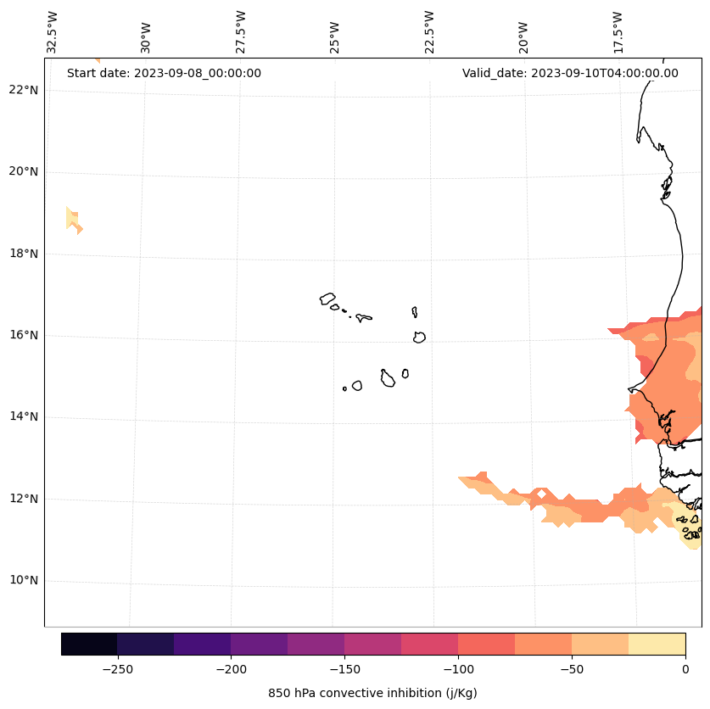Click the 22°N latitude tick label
20,90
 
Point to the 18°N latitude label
20,254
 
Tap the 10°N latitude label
20,581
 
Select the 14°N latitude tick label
20,417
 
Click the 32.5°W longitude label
53,32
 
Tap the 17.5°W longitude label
618,32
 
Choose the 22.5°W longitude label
429,32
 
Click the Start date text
164,73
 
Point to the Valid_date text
570,73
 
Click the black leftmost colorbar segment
89,644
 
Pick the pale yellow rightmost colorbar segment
657,644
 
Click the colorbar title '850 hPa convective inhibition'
372,693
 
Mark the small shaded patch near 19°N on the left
74,220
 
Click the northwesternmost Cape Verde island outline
327,299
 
